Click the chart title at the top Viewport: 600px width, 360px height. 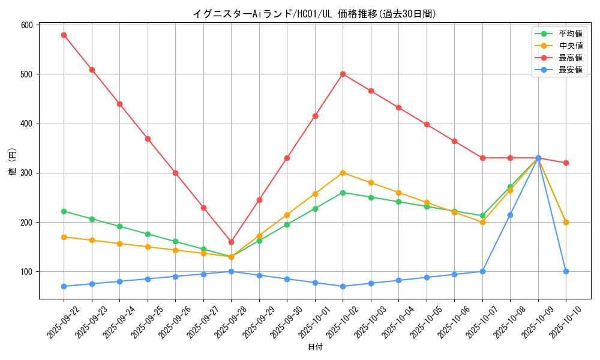(x=314, y=14)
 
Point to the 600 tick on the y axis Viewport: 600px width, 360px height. (x=26, y=25)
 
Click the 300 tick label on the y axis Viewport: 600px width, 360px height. (x=26, y=173)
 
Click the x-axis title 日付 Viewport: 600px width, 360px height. (x=315, y=347)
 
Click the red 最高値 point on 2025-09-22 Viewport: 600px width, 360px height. (x=64, y=35)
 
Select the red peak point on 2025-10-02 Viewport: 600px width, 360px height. (x=343, y=74)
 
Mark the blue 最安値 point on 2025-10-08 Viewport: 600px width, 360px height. (x=510, y=215)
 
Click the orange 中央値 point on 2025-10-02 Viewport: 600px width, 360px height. (x=343, y=173)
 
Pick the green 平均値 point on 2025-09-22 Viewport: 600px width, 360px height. (x=64, y=211)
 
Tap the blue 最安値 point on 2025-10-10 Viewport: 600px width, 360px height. (x=566, y=271)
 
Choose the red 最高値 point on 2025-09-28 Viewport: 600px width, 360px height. (x=231, y=242)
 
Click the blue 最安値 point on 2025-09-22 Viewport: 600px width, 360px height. (x=64, y=286)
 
